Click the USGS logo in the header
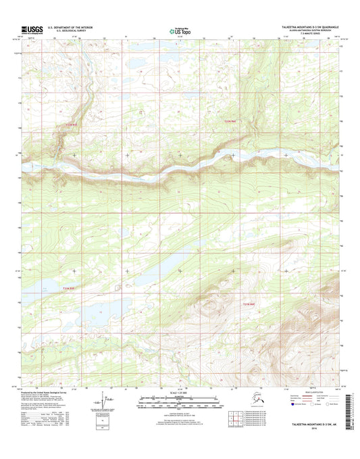click(x=31, y=29)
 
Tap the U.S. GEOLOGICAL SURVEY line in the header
click(x=64, y=32)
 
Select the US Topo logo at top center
click(x=180, y=30)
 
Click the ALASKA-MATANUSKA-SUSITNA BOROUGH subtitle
click(x=317, y=31)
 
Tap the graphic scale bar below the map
click(x=180, y=404)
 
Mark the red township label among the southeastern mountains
click(x=249, y=305)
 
